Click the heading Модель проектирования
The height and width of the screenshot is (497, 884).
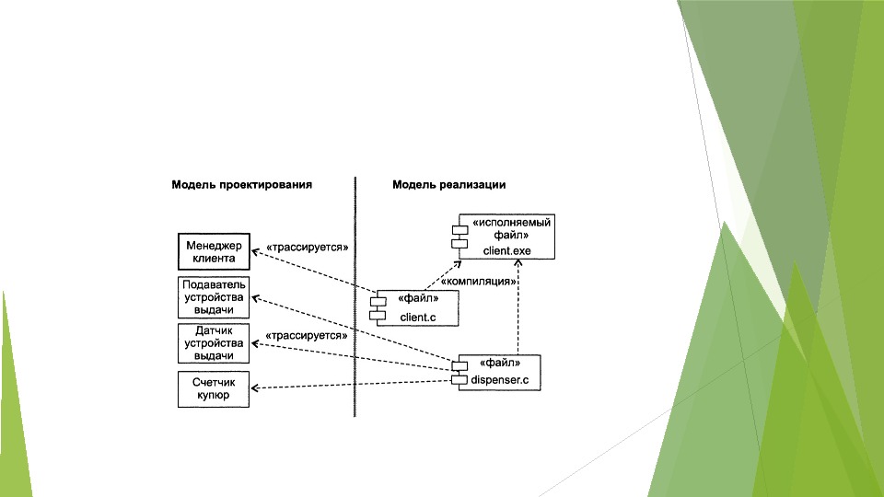[241, 184]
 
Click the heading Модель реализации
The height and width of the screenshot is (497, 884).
[448, 184]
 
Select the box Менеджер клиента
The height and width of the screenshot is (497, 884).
[214, 251]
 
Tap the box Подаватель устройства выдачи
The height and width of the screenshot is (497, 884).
[214, 296]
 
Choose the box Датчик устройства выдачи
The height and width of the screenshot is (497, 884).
[214, 342]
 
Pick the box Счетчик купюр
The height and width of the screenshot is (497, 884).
[214, 388]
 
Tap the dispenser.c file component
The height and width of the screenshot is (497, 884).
[498, 371]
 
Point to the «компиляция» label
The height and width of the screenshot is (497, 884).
[477, 281]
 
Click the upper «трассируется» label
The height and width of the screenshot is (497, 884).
[307, 248]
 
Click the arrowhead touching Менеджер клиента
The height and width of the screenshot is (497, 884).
[255, 253]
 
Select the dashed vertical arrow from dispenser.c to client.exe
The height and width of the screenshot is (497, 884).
[518, 308]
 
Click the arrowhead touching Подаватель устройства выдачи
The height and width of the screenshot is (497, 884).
[255, 298]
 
